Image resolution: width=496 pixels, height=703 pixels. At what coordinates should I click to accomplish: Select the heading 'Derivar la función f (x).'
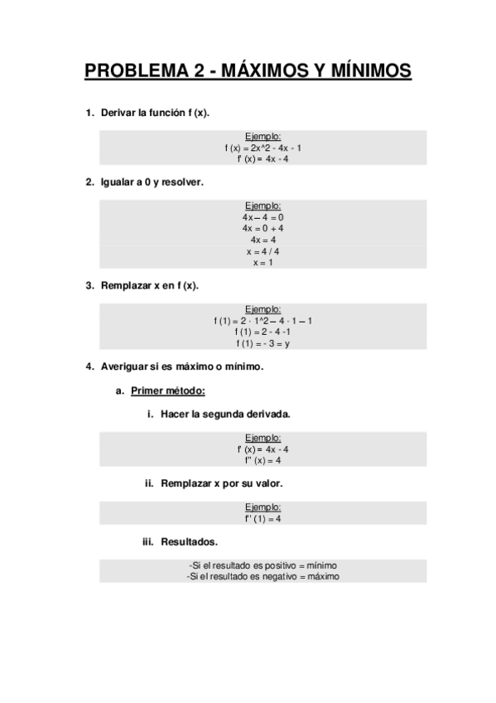pyautogui.click(x=155, y=113)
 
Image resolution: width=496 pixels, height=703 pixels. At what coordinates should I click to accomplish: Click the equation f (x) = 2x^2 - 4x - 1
pyautogui.click(x=262, y=148)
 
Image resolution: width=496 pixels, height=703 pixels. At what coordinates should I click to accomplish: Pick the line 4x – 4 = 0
pyautogui.click(x=262, y=216)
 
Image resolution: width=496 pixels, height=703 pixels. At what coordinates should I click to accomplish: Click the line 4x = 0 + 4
pyautogui.click(x=262, y=228)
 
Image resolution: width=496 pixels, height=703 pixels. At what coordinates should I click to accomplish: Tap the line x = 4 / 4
pyautogui.click(x=262, y=251)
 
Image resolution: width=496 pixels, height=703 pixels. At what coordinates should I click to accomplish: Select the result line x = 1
pyautogui.click(x=262, y=263)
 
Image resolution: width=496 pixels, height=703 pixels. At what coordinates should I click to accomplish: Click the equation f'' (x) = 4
pyautogui.click(x=262, y=460)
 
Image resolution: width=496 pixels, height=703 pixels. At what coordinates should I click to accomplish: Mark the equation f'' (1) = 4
pyautogui.click(x=262, y=519)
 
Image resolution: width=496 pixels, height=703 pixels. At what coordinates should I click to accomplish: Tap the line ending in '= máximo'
pyautogui.click(x=262, y=576)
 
